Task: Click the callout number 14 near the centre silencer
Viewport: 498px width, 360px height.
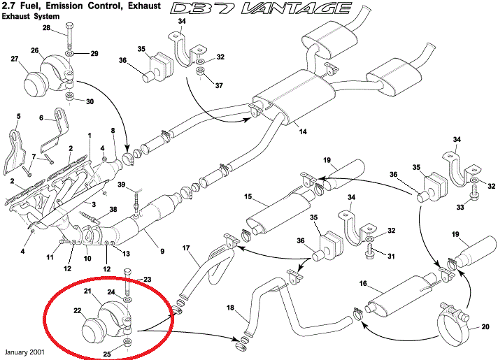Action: pos(303,131)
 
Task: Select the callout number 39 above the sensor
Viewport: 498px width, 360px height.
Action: pos(122,185)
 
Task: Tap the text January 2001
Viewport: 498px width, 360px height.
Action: pos(24,352)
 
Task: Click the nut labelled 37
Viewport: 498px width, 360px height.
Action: pos(200,72)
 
